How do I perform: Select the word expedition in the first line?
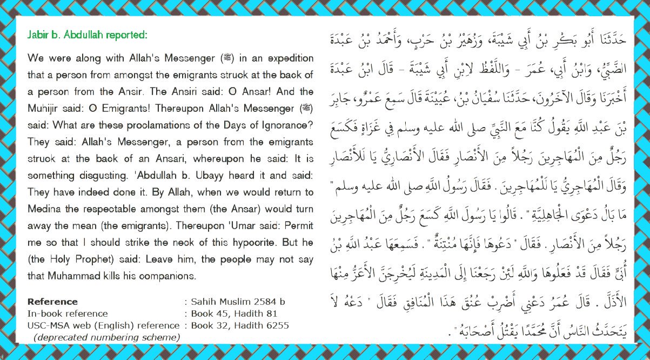288,58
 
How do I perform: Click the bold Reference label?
52,302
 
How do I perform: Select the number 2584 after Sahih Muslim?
259,302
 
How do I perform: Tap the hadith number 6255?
278,325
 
